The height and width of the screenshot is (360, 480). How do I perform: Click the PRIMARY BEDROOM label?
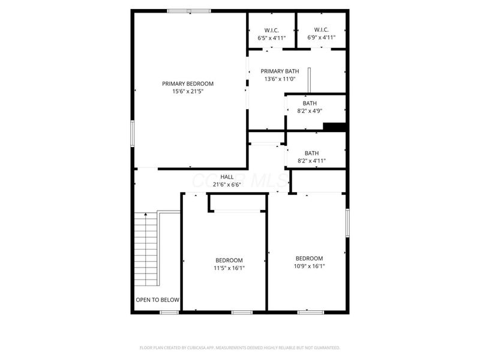pyautogui.click(x=188, y=84)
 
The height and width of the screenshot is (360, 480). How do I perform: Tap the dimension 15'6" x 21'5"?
pyautogui.click(x=188, y=92)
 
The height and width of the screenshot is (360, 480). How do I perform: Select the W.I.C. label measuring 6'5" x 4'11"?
pyautogui.click(x=272, y=30)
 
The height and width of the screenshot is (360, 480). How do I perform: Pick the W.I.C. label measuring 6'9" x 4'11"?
pyautogui.click(x=321, y=30)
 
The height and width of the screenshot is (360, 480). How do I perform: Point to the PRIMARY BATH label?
pyautogui.click(x=280, y=71)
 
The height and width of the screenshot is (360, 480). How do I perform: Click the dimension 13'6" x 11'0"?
pyautogui.click(x=280, y=79)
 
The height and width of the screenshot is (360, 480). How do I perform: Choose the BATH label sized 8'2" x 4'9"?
pyautogui.click(x=310, y=103)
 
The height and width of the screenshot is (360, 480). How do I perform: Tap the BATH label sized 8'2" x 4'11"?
pyautogui.click(x=311, y=153)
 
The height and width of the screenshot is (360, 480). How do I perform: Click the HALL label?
pyautogui.click(x=227, y=177)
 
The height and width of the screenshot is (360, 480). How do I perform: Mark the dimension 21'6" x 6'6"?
pyautogui.click(x=227, y=185)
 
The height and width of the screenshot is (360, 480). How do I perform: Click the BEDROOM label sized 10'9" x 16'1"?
pyautogui.click(x=308, y=259)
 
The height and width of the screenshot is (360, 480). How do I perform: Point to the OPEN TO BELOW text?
pyautogui.click(x=157, y=300)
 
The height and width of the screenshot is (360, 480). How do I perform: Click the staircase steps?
pyautogui.click(x=145, y=249)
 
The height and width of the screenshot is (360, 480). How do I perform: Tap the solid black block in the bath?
pyautogui.click(x=334, y=126)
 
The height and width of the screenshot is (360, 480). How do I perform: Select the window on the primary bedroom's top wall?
pyautogui.click(x=188, y=11)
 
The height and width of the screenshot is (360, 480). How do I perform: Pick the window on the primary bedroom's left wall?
pyautogui.click(x=133, y=133)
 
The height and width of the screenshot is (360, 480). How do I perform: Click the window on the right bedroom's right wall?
pyautogui.click(x=346, y=223)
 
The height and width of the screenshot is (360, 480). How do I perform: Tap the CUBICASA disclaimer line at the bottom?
pyautogui.click(x=240, y=347)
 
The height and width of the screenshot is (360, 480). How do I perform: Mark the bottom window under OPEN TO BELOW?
pyautogui.click(x=169, y=312)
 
